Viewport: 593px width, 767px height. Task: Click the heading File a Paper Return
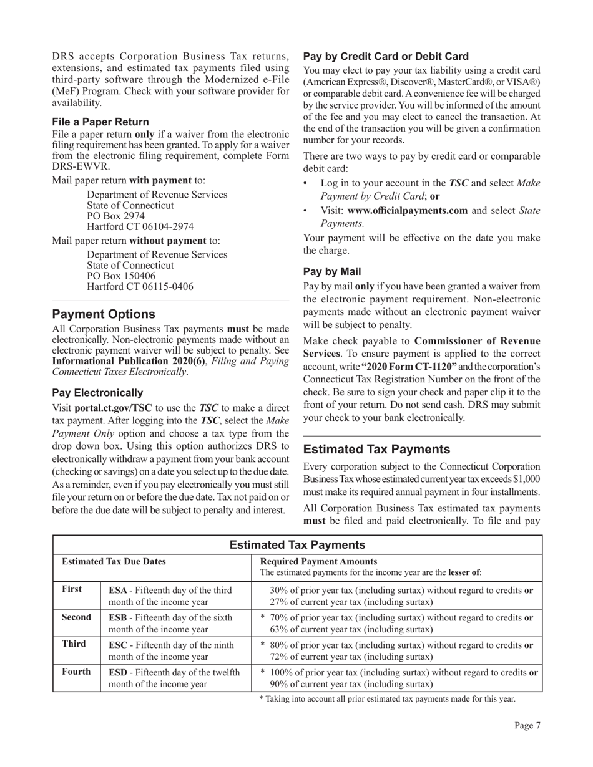pyautogui.click(x=100, y=122)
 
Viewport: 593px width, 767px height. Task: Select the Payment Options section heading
pyautogui.click(x=104, y=314)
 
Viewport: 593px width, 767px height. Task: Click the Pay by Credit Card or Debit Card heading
pyautogui.click(x=386, y=56)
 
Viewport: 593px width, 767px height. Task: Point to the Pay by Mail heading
pyautogui.click(x=332, y=272)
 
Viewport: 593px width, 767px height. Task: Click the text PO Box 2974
pyautogui.click(x=115, y=216)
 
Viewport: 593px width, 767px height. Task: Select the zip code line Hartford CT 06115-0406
pyautogui.click(x=140, y=287)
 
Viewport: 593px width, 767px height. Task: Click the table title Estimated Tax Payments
pyautogui.click(x=298, y=545)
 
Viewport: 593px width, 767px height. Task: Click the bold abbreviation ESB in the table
pyautogui.click(x=119, y=617)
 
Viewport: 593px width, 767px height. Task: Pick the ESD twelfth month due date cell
pyautogui.click(x=174, y=678)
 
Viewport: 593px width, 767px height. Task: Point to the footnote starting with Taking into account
pyautogui.click(x=387, y=699)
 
